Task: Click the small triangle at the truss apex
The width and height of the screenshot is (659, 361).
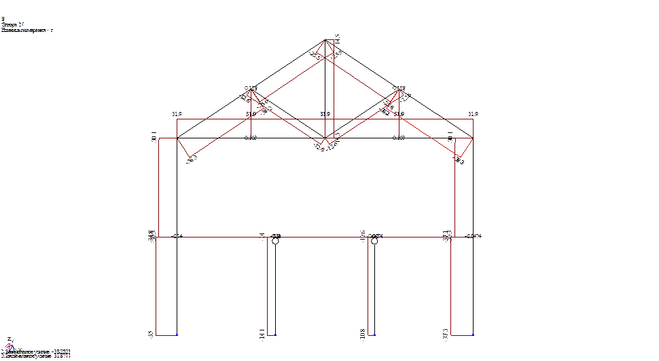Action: click(326, 48)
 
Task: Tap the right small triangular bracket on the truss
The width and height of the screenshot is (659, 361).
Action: click(392, 102)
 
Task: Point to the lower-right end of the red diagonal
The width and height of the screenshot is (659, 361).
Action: click(460, 160)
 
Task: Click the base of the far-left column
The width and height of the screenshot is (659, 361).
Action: click(158, 335)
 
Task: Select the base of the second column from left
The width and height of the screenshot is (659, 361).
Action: click(267, 335)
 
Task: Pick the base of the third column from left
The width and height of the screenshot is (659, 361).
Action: click(368, 335)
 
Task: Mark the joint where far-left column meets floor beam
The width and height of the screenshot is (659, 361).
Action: click(158, 237)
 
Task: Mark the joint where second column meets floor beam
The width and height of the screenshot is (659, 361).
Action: click(267, 237)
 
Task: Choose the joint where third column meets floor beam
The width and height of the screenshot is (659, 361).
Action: click(368, 237)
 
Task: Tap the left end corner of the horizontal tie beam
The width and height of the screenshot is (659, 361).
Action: click(177, 119)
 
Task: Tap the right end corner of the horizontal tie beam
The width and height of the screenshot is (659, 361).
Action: click(473, 119)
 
